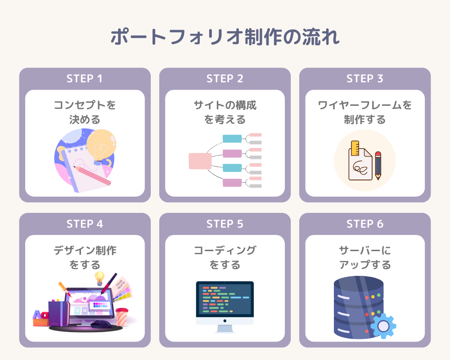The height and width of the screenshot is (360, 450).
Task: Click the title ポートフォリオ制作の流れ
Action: pos(225,38)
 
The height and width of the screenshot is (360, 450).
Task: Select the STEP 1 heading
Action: pos(85,78)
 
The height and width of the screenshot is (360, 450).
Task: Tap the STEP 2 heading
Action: pos(225,78)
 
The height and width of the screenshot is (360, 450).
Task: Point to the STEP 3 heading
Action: pos(364,78)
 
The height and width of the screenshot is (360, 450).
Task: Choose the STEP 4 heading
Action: pos(85,224)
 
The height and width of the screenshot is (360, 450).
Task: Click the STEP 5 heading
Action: pos(225,224)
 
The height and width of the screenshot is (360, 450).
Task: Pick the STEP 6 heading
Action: pos(364,224)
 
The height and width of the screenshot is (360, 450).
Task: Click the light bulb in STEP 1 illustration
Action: pos(101,143)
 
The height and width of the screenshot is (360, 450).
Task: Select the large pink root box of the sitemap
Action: pos(200,161)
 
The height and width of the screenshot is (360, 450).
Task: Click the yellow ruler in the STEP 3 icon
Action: pos(355,149)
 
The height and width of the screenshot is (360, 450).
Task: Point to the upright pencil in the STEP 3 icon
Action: pos(378,165)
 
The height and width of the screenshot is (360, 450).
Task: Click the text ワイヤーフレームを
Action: pos(364,105)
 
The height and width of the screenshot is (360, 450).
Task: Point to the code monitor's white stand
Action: pos(225,328)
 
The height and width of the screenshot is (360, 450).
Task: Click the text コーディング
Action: pos(225,251)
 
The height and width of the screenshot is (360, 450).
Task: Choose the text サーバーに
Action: pos(364,251)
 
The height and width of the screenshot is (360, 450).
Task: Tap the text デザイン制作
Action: pos(85,251)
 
